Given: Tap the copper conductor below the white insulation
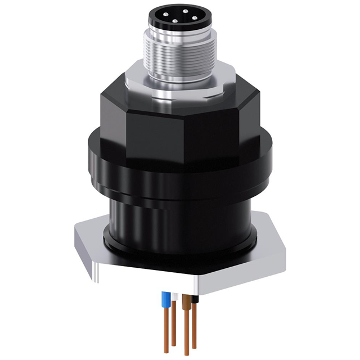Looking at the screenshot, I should pyautogui.click(x=174, y=326).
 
